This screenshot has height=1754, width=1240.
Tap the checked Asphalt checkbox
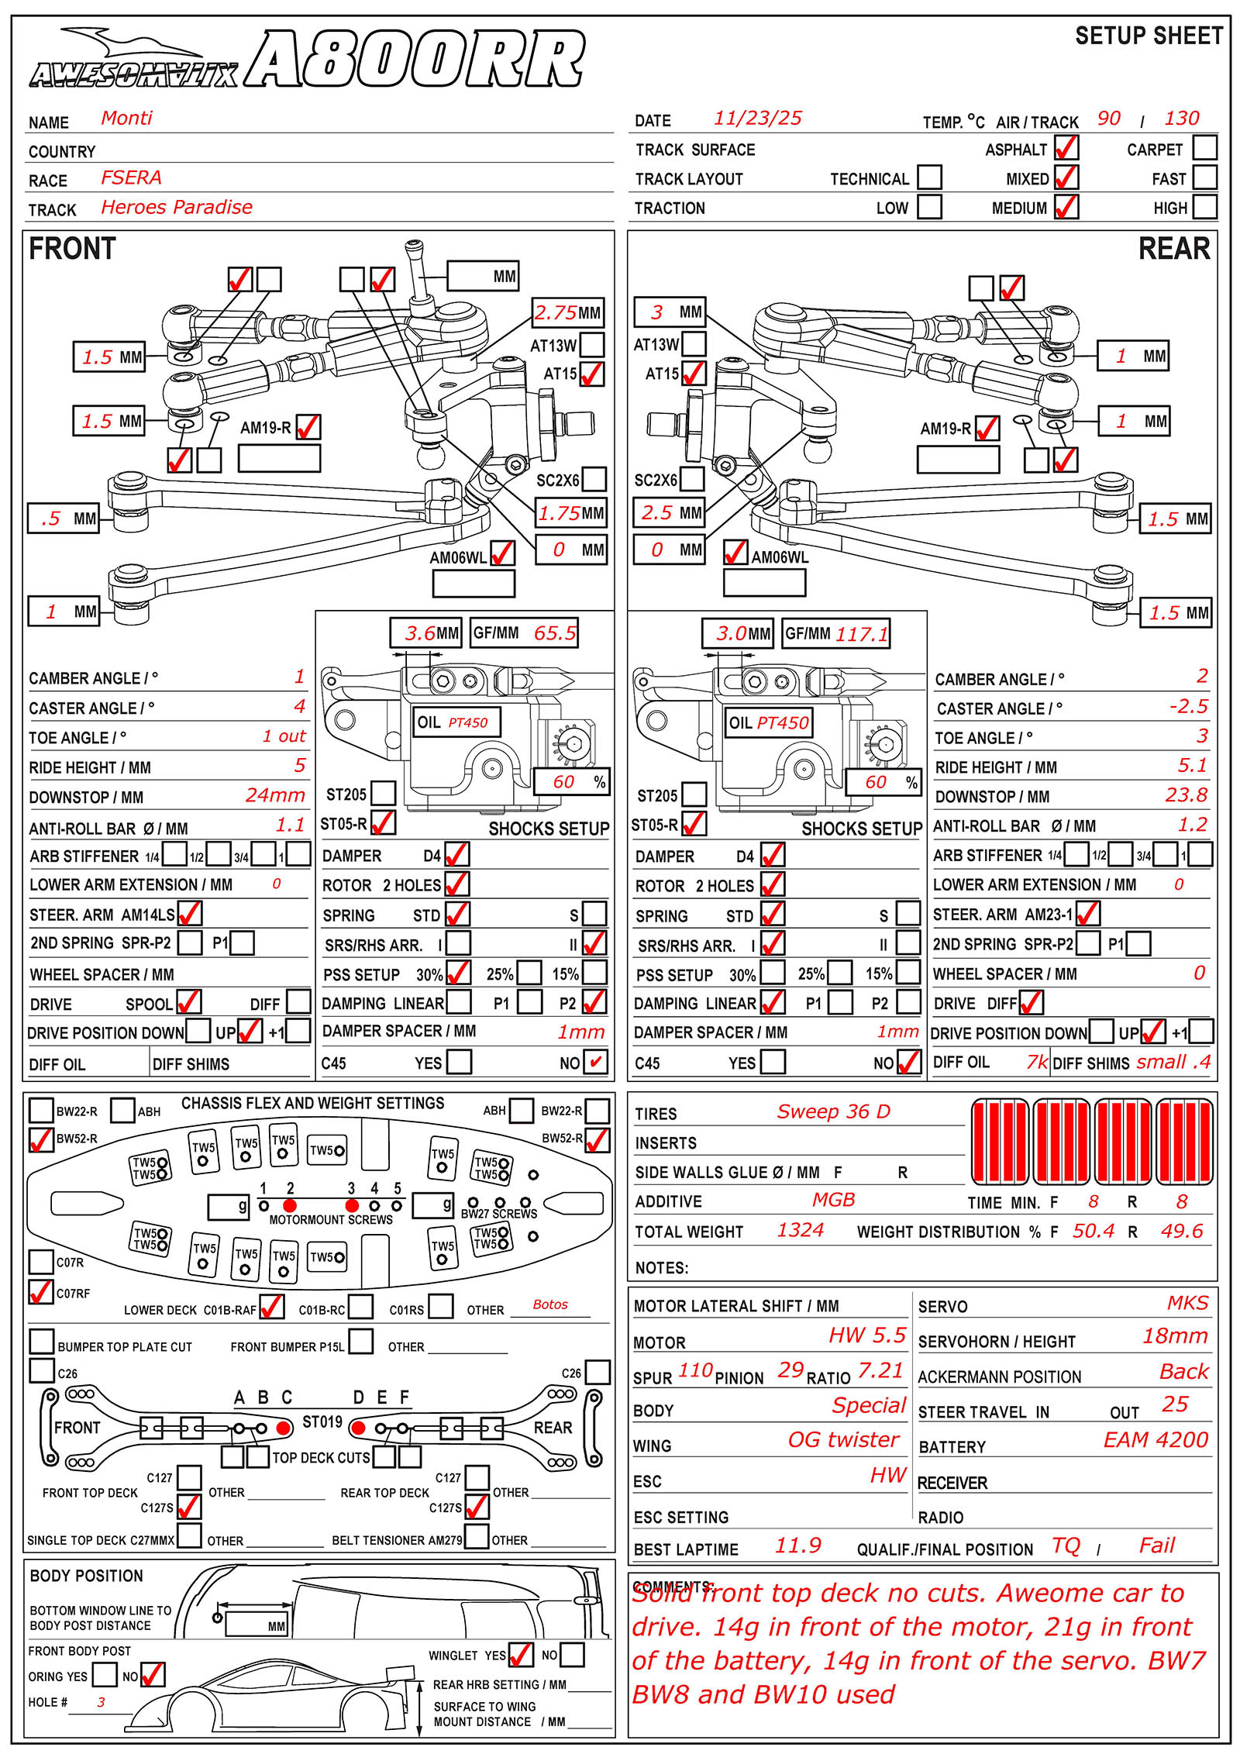[1066, 148]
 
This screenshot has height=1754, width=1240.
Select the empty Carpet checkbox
[1204, 147]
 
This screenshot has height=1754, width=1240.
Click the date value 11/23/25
[757, 118]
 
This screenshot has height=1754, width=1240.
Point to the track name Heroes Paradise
[177, 207]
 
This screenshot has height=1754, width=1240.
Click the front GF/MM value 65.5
[555, 633]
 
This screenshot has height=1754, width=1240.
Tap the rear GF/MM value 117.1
[862, 634]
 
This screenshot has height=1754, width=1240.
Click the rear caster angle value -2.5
[1189, 706]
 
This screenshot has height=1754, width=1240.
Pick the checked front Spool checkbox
[188, 1002]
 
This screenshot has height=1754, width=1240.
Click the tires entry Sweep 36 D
[833, 1111]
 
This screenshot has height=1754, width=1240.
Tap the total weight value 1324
[801, 1230]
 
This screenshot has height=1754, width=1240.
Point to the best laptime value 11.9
[797, 1546]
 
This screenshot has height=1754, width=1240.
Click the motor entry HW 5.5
[866, 1335]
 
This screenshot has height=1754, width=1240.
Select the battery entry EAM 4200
[1156, 1439]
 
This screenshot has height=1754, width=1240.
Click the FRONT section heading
[72, 249]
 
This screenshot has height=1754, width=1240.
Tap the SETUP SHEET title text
[1149, 36]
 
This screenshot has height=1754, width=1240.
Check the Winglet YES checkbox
[520, 1655]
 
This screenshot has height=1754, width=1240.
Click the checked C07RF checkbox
[40, 1292]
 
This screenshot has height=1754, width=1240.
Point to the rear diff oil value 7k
[1037, 1062]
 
